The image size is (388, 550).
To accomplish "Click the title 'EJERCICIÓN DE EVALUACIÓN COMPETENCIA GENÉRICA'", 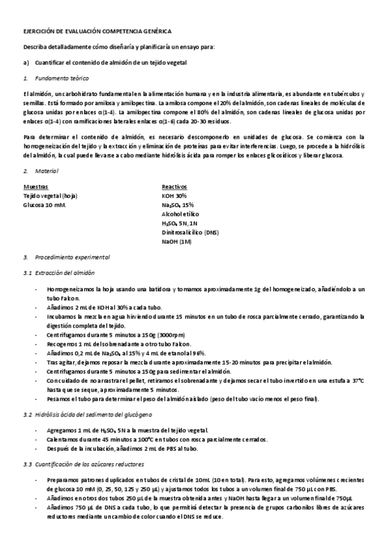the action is click(x=97, y=31).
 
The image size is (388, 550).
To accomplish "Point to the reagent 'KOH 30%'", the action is click(x=174, y=195).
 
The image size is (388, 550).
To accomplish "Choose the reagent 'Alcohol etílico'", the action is click(x=181, y=213).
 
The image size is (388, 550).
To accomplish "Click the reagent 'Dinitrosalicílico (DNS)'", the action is click(x=191, y=232).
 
